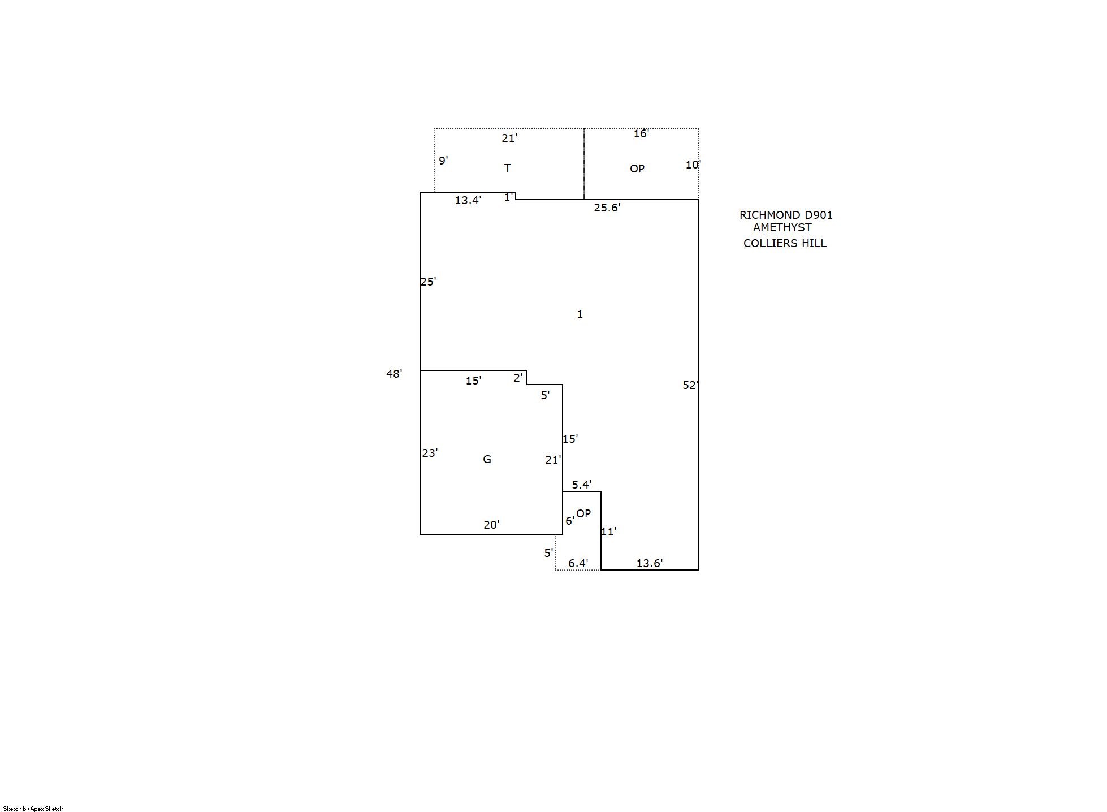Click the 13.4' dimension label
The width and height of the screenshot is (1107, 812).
point(468,200)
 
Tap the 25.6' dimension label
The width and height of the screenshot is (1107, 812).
point(607,208)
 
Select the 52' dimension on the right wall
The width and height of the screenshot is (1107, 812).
point(691,385)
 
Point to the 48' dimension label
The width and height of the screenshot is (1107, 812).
point(394,374)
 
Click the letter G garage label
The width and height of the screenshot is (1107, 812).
point(487,459)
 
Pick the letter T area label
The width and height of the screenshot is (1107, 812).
point(508,168)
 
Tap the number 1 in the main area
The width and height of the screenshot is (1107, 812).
point(580,314)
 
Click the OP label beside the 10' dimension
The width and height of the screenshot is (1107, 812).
point(637,169)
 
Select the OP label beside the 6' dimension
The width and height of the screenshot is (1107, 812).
point(583,513)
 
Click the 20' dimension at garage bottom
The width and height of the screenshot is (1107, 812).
point(491,525)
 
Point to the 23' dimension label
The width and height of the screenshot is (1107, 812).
point(430,453)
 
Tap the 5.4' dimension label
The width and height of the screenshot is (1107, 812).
point(582,485)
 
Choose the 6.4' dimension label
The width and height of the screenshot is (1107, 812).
point(578,563)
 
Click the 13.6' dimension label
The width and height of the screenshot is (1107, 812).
point(650,563)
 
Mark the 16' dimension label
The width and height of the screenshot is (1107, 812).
point(641,134)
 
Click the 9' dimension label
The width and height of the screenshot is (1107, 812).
point(444,161)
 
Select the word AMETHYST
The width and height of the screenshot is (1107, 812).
point(782,227)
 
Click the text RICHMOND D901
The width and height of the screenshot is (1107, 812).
point(786,215)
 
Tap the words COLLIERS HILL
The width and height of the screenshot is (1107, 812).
point(785,243)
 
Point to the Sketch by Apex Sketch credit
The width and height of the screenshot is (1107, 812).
point(33,809)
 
